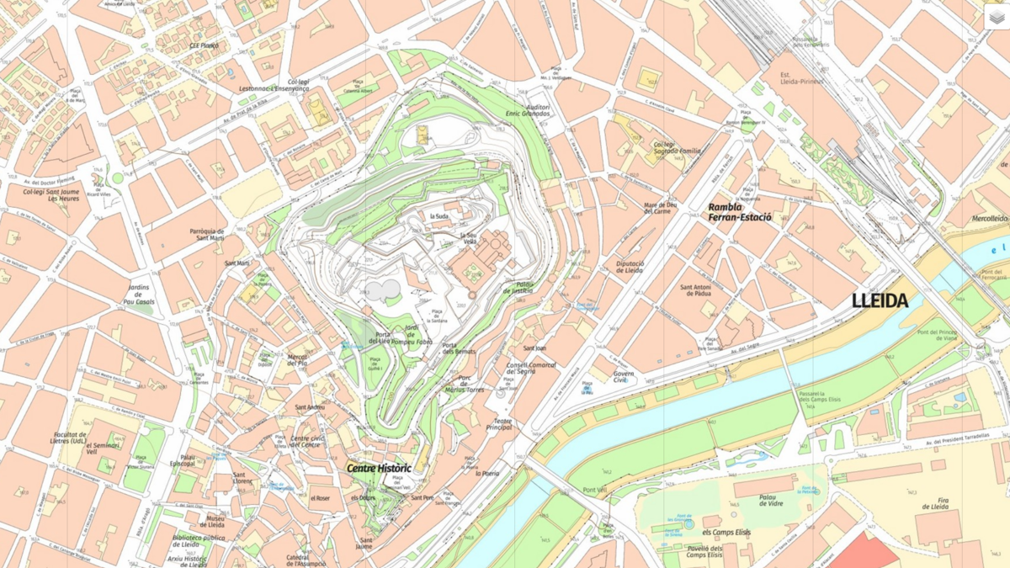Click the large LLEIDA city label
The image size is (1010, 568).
point(880,300)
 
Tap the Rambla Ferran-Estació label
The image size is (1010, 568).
point(739,212)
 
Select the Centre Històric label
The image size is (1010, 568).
point(379,468)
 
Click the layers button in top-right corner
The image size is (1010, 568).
point(997,17)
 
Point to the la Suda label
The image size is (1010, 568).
point(439,216)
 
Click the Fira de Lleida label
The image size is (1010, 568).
point(935,502)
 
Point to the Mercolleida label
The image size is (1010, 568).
point(990,218)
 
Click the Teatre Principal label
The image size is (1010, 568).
point(499,424)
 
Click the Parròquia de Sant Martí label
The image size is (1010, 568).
point(206,235)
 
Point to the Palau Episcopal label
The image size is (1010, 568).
point(182,460)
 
